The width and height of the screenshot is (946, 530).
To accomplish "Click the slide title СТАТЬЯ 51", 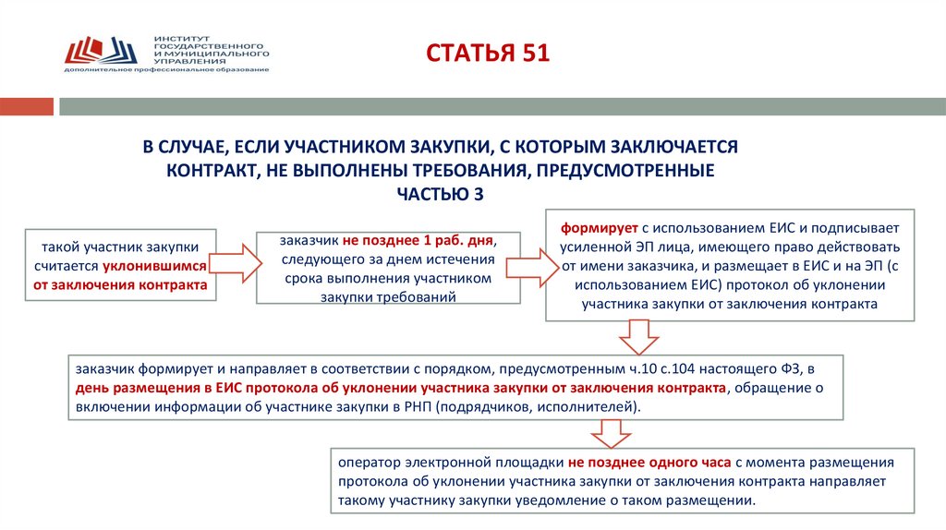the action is [x=487, y=53].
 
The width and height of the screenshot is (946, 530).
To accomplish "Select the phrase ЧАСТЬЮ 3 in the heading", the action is [x=440, y=194].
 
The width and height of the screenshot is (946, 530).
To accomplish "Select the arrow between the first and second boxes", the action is [x=238, y=264].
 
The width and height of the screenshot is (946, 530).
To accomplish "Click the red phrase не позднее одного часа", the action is [x=649, y=462].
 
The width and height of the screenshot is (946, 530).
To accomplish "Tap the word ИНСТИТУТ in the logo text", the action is [x=179, y=38].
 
